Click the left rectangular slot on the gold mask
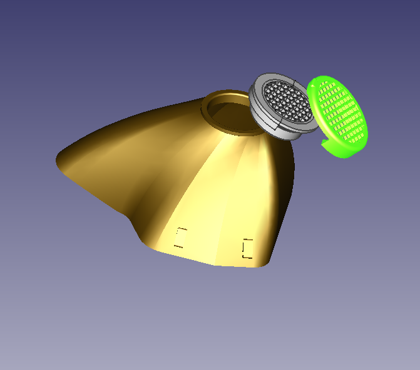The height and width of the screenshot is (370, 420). coord(181,238)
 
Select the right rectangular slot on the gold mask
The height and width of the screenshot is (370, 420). coord(248,248)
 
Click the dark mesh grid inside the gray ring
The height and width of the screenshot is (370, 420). coord(288,102)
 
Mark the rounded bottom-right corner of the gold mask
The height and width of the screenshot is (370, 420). coord(266,262)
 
